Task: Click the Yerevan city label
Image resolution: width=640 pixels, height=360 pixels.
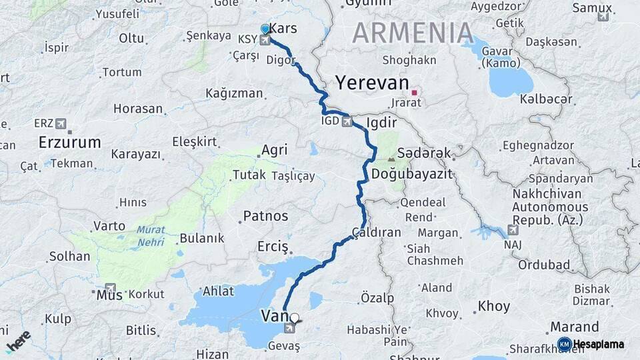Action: (x=372, y=83)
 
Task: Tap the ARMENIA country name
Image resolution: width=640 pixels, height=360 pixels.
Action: (x=413, y=32)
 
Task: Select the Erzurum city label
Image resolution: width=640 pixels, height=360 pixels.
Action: (x=70, y=142)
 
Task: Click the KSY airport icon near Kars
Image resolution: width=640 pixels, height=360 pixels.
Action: (x=265, y=40)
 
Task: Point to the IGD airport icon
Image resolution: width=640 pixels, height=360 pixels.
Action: (x=346, y=121)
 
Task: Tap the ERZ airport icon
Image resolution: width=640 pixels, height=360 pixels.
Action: (x=61, y=123)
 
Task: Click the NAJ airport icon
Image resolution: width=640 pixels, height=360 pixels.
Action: (x=512, y=230)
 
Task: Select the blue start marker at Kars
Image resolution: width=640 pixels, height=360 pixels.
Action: (x=265, y=29)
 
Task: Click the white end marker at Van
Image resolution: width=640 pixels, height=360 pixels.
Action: (x=295, y=319)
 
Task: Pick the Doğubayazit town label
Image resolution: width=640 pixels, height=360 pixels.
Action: (x=411, y=173)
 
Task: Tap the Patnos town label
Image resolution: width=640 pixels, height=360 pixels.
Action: (x=265, y=216)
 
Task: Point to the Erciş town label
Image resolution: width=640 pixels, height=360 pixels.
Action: (x=273, y=247)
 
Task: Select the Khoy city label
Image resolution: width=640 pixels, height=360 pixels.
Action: (x=494, y=307)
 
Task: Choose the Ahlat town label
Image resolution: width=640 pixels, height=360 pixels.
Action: (x=218, y=291)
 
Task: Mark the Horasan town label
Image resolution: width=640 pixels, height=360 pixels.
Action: (x=138, y=108)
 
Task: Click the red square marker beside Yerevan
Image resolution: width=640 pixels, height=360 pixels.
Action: (x=414, y=92)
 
